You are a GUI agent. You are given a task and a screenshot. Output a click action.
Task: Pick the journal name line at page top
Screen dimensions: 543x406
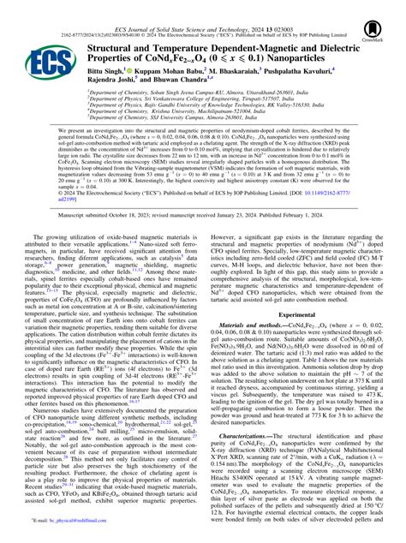(202, 5)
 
